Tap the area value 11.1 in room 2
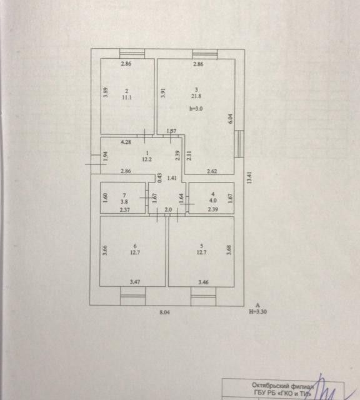[x=127, y=97]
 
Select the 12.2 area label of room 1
[x=147, y=159]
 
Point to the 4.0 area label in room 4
[x=213, y=201]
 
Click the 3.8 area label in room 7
[x=124, y=202]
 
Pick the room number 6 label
[x=135, y=246]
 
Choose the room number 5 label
[x=202, y=246]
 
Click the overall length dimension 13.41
[x=249, y=177]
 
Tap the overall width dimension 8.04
[x=164, y=312]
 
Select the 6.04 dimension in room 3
[x=230, y=119]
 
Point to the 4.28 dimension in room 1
[x=126, y=142]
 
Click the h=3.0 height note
[x=196, y=109]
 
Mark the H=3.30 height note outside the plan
[x=258, y=311]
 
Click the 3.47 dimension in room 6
[x=135, y=282]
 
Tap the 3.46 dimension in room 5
[x=204, y=282]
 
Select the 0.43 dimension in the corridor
[x=159, y=177]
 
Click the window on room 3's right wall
[x=239, y=144]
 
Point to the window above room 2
[x=132, y=54]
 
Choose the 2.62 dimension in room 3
[x=212, y=171]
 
